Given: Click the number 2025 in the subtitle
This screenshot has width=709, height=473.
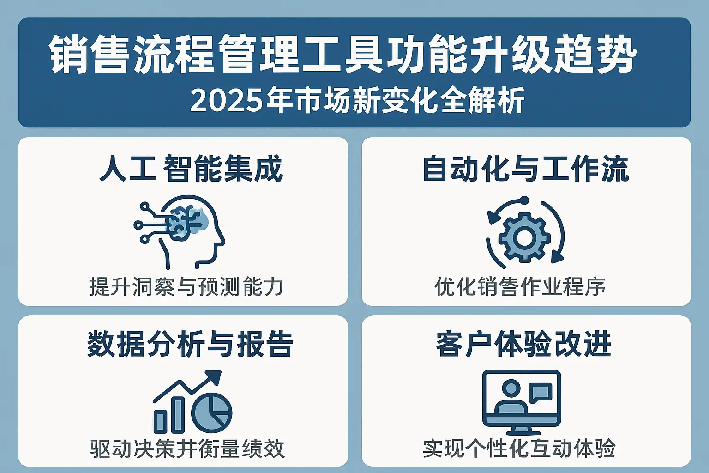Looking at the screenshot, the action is coord(226,101).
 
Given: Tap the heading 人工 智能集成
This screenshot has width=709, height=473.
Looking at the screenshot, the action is coord(191,168).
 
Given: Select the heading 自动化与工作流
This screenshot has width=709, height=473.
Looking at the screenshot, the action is coord(526,168).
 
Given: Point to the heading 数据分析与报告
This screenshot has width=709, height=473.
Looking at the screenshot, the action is coord(190,344).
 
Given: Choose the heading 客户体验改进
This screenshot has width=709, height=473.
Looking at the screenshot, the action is coord(523,344).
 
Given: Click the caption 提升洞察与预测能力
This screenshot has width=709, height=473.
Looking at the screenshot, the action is coord(186,287).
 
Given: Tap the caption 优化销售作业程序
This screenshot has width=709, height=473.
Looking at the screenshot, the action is coord(520,287).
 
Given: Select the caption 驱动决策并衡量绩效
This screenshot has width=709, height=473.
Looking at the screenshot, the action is coord(187,449).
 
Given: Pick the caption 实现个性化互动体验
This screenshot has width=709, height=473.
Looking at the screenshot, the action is coord(519,449).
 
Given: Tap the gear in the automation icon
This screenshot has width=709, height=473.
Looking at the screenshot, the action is coord(524,237).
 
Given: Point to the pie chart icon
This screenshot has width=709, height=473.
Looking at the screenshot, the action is coord(212,413).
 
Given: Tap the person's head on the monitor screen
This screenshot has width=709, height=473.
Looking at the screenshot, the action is coord(511,388).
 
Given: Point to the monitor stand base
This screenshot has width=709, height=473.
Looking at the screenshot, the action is coord(521,431).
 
